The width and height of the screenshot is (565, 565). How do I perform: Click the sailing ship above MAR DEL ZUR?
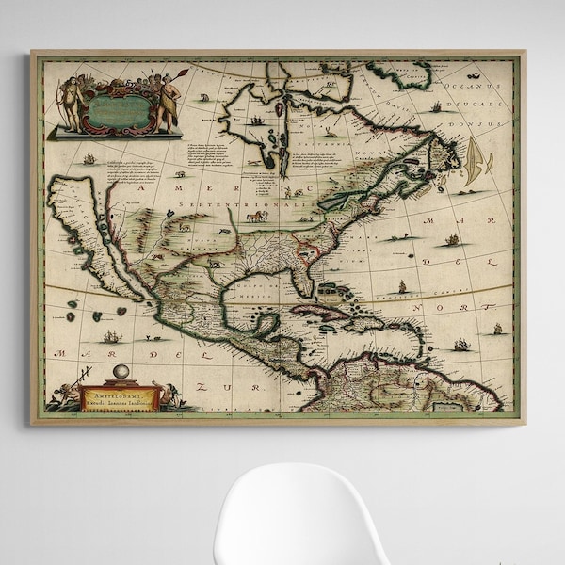tap(111, 335)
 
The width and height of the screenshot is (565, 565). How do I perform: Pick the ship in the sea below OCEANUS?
tap(435, 107)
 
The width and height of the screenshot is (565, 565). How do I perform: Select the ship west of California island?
tap(89, 159)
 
